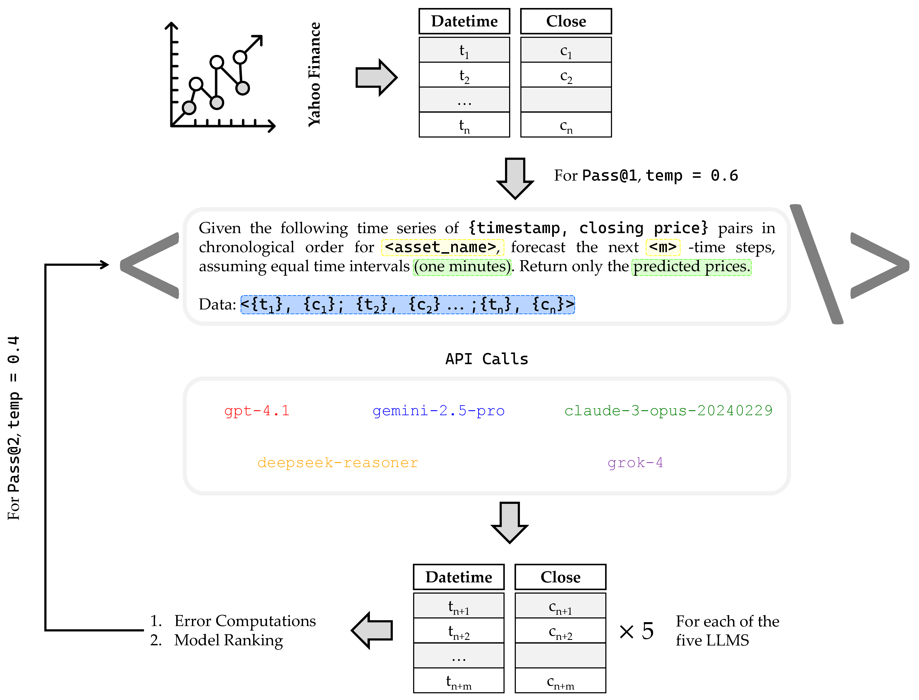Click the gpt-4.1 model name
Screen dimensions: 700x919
tap(257, 411)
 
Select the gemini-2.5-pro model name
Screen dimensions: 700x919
tap(438, 411)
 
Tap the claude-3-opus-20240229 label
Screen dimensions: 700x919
tap(668, 411)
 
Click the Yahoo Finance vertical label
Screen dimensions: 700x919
tap(315, 74)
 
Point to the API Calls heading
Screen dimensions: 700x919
tap(487, 359)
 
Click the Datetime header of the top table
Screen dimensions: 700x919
tap(464, 21)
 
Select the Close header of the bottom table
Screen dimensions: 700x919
tap(560, 577)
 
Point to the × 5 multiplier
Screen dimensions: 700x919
tap(636, 631)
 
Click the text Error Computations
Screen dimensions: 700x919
tap(245, 621)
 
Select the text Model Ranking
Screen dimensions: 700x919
tap(228, 640)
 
